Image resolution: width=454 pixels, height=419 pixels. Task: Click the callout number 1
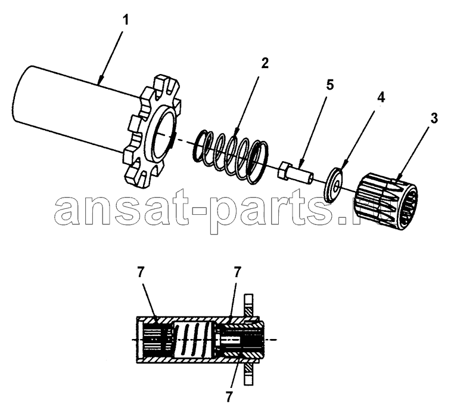[125, 21]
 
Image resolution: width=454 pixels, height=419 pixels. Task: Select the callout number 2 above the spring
[265, 63]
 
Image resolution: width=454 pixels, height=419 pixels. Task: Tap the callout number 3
[433, 119]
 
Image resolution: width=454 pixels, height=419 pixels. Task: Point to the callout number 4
[381, 97]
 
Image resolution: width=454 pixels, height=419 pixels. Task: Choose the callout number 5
[329, 85]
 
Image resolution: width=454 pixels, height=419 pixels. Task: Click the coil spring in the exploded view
[231, 157]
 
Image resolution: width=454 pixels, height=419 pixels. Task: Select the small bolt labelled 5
[296, 174]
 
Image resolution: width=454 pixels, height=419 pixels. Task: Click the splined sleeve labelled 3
[387, 201]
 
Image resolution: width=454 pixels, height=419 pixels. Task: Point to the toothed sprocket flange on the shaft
[152, 133]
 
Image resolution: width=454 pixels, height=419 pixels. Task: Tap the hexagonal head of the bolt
[283, 171]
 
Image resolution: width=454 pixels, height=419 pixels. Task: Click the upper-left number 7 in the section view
[141, 273]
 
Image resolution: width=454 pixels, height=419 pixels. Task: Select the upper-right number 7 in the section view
[237, 273]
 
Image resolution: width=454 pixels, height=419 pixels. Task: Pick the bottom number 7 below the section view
[229, 397]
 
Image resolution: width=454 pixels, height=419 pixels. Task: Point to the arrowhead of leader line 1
[100, 81]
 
